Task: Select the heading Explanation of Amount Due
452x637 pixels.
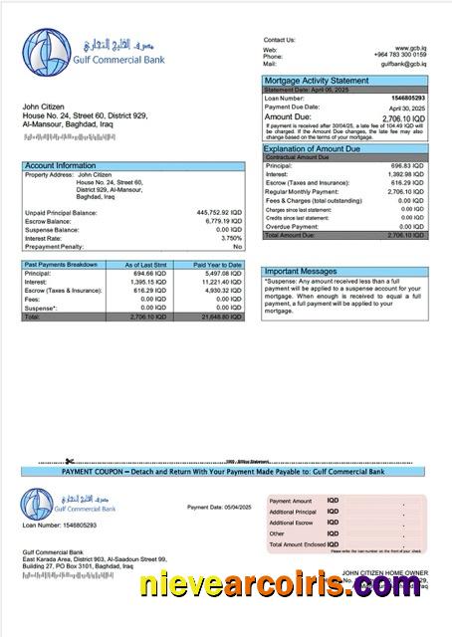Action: (312, 148)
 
